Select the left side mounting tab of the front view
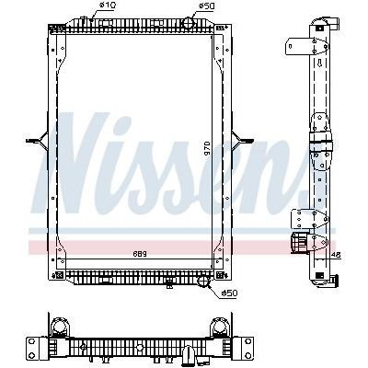click(36, 141)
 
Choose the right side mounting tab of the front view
click(247, 140)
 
